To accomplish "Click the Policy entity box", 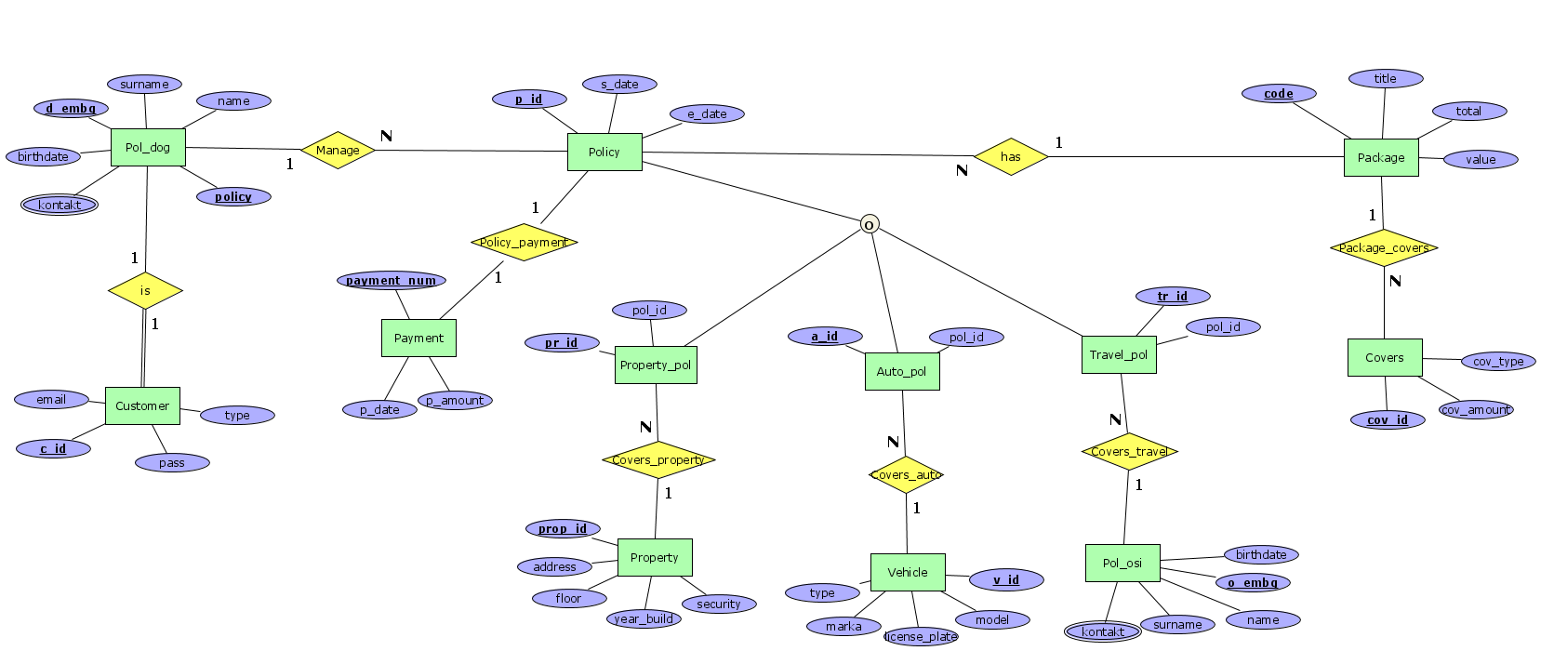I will point(604,152).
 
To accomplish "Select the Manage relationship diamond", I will point(338,150).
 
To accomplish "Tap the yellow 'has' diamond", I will point(1011,156).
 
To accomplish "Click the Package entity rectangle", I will point(1381,157).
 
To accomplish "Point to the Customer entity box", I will point(142,405).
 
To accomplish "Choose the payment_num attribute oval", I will point(392,280).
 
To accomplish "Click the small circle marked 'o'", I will point(869,224).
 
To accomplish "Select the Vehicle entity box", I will point(908,572).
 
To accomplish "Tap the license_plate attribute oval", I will point(921,636).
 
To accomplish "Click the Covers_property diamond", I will point(658,459).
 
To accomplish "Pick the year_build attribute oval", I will point(644,618).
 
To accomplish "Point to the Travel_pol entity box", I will point(1119,354).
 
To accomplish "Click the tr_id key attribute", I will point(1173,296).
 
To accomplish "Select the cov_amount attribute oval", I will point(1476,409).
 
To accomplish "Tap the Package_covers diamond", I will point(1384,247).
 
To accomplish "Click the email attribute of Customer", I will point(51,399).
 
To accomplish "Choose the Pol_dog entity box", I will point(148,147).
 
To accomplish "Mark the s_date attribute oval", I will point(619,84).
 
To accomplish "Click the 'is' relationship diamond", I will point(145,290).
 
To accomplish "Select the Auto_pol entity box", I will point(901,371).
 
